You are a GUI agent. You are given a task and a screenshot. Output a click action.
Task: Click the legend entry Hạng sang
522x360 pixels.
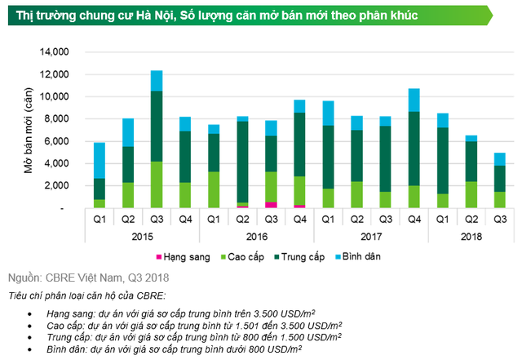pyautogui.click(x=206, y=256)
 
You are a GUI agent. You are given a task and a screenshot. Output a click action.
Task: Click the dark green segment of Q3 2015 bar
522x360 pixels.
pyautogui.click(x=157, y=127)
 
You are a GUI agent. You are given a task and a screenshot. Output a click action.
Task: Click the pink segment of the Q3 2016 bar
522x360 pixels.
pyautogui.click(x=270, y=205)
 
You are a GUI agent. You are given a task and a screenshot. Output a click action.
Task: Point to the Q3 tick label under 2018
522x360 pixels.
pyautogui.click(x=499, y=219)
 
